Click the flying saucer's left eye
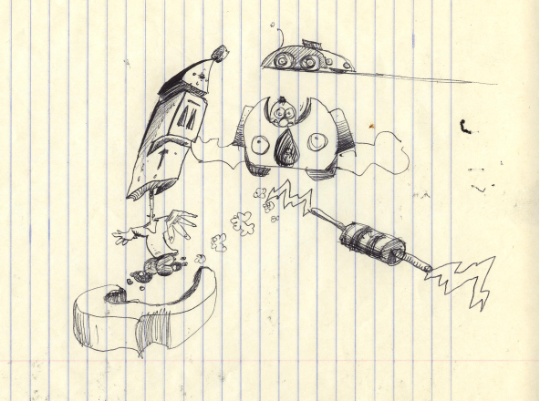[x=284, y=60]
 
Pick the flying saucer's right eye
[x=311, y=61]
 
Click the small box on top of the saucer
[x=313, y=43]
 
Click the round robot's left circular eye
[x=260, y=143]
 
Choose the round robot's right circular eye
[x=317, y=139]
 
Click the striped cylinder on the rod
[x=372, y=243]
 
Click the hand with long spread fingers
[x=179, y=223]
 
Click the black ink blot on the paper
[x=466, y=126]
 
